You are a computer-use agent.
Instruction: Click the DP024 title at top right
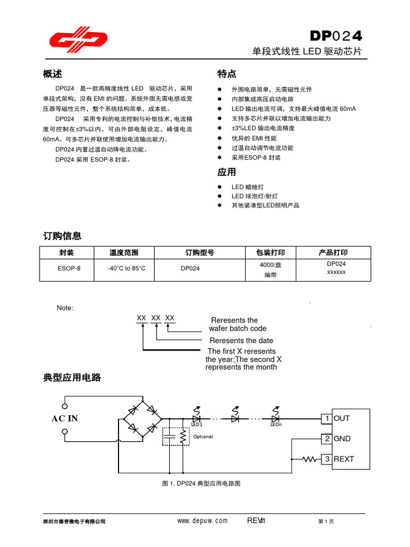point(336,36)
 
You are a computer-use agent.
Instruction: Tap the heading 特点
point(227,74)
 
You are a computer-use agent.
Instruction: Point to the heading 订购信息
point(62,236)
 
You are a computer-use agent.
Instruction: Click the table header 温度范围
point(124,253)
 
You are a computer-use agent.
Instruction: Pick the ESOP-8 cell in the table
point(69,268)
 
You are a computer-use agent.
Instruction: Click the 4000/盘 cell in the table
point(270,265)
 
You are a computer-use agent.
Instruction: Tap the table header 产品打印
point(333,253)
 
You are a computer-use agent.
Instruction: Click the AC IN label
point(65,419)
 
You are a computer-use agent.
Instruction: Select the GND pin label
point(342,439)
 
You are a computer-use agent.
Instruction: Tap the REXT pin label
point(344,459)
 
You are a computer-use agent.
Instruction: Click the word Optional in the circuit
point(203,436)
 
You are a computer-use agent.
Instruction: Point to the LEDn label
point(275,425)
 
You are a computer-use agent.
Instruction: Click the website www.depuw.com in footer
point(202,521)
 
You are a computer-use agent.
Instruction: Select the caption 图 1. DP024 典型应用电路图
point(201,483)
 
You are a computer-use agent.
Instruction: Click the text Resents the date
point(241,340)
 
